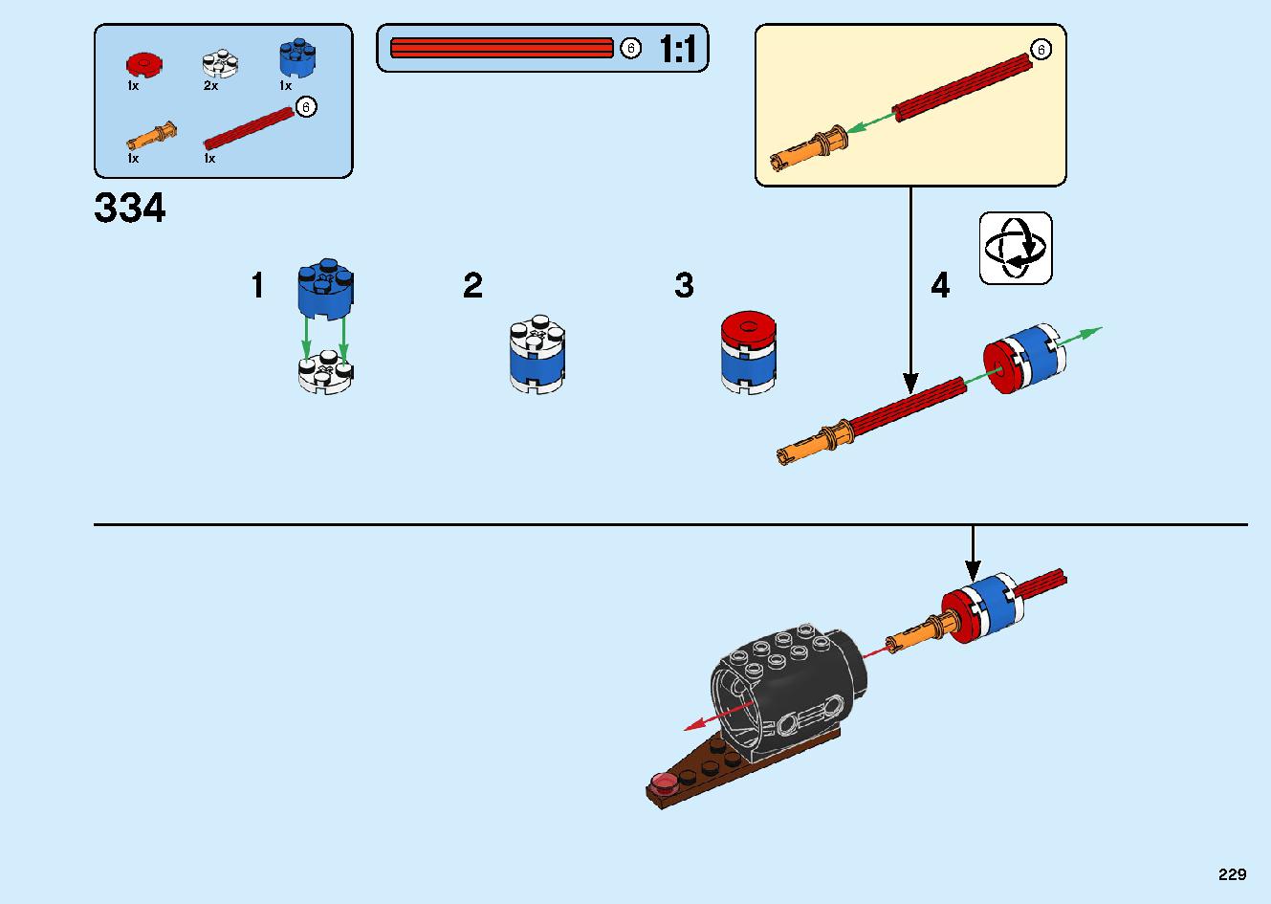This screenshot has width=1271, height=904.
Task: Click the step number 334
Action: coord(129,208)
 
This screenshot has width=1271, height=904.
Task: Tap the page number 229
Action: coord(1233,874)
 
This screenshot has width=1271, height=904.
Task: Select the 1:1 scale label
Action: coord(677,49)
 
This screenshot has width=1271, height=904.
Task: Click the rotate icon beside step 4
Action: coord(1016,248)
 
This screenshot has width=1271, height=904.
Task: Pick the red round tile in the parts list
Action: coord(144,65)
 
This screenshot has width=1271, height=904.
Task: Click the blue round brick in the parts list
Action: coord(297,57)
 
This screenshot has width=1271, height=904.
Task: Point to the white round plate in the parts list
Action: coord(220,63)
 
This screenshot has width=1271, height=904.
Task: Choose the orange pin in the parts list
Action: coord(151,137)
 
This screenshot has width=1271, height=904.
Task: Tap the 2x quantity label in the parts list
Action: coord(210,86)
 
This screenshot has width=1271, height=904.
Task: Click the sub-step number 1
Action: coord(257,285)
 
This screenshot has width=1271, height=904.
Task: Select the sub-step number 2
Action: coord(472,285)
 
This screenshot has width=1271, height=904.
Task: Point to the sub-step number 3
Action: coord(685,285)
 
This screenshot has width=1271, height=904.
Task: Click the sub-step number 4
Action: coord(940,285)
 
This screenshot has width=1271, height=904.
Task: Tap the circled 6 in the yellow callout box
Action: coord(1041,50)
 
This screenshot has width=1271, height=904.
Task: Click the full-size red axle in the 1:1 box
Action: coord(502,48)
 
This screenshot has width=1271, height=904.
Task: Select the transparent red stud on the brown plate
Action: coord(663,783)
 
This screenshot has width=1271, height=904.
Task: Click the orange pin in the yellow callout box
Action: coord(809,148)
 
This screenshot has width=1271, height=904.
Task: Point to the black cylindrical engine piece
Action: coord(789,693)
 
